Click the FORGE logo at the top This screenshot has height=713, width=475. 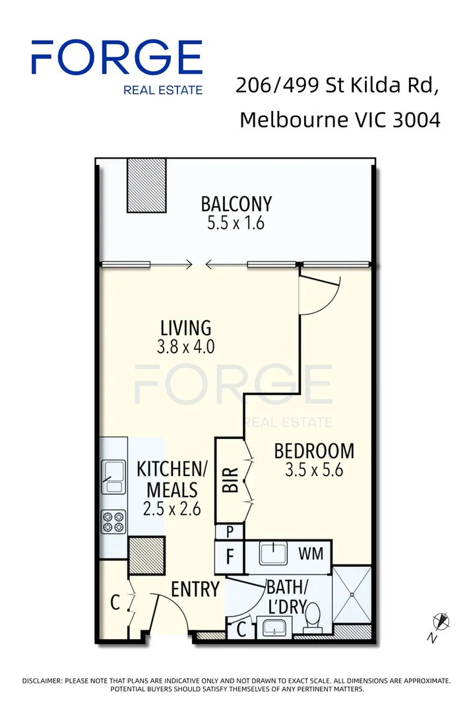pyautogui.click(x=117, y=58)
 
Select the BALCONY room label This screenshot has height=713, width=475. pyautogui.click(x=236, y=203)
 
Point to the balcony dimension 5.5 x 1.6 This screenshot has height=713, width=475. pyautogui.click(x=236, y=223)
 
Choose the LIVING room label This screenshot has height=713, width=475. pyautogui.click(x=186, y=327)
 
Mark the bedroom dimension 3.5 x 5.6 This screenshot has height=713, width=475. pyautogui.click(x=314, y=471)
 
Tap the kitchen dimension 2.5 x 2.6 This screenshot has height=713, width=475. pyautogui.click(x=172, y=509)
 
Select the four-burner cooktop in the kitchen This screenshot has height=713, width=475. pyautogui.click(x=113, y=522)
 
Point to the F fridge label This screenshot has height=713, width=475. pyautogui.click(x=230, y=557)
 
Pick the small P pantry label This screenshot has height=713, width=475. pyautogui.click(x=230, y=531)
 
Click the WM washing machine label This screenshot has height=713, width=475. pyautogui.click(x=311, y=553)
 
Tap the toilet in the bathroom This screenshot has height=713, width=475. pyautogui.click(x=315, y=617)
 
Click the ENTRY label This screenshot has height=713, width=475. pyautogui.click(x=195, y=589)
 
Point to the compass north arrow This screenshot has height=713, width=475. pyautogui.click(x=441, y=622)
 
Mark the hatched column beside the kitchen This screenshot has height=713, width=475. pyautogui.click(x=146, y=555)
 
